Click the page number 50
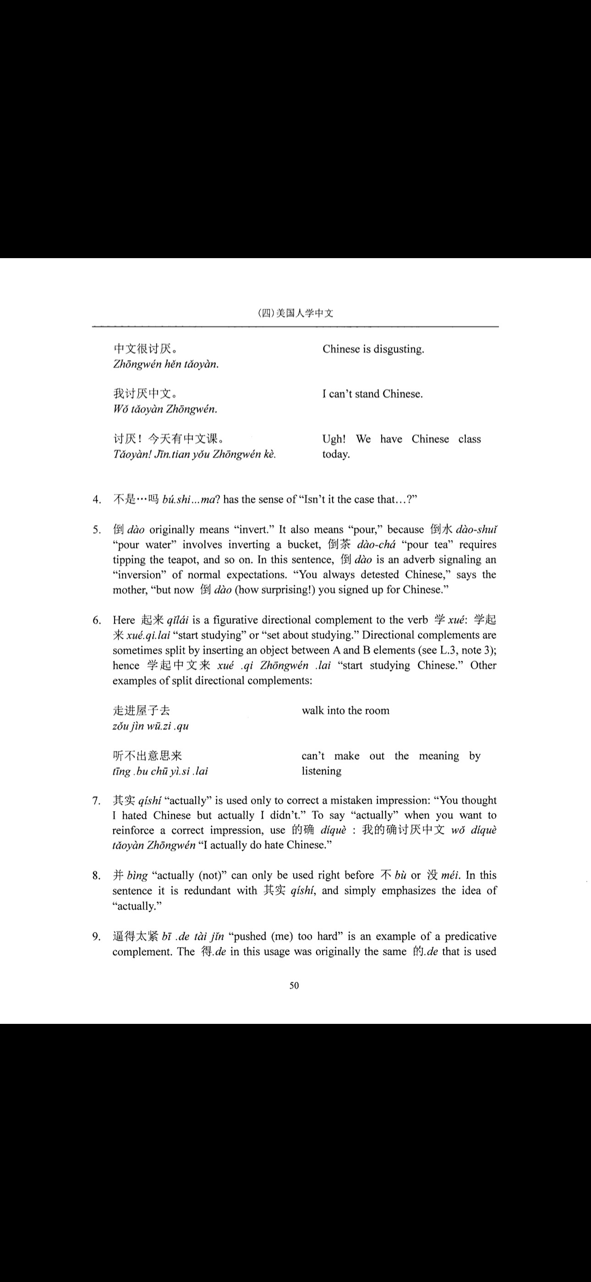[x=294, y=985]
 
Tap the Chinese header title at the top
[x=295, y=313]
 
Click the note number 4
[x=97, y=500]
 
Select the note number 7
[x=97, y=801]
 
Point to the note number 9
[x=97, y=937]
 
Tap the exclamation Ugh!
[x=334, y=439]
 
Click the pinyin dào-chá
[x=376, y=544]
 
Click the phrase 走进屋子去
[x=141, y=711]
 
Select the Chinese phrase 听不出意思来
[x=147, y=756]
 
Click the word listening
[x=321, y=771]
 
